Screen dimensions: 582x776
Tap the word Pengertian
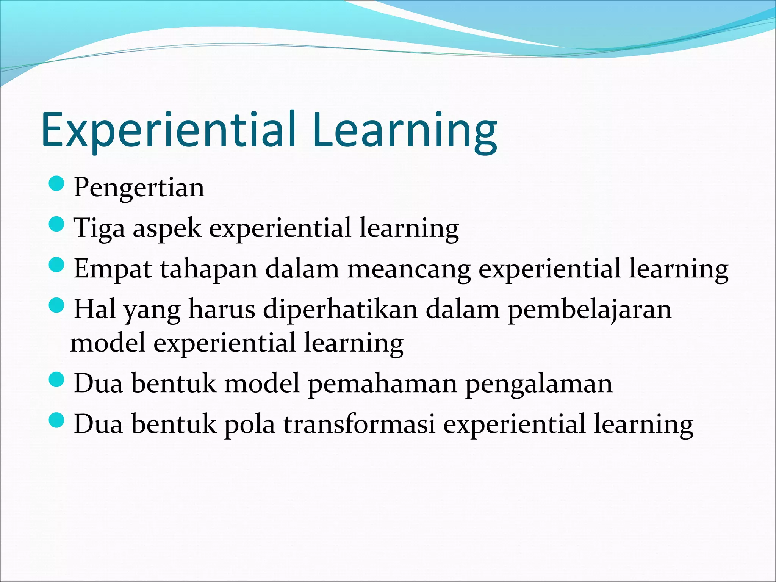(139, 187)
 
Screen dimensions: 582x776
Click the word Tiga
(99, 228)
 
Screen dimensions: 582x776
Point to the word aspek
(167, 228)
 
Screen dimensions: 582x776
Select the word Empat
(113, 269)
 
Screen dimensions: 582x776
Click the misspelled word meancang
(409, 269)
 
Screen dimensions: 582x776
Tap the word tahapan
(208, 269)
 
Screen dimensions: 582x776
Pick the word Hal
(95, 309)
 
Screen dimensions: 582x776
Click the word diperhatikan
(340, 309)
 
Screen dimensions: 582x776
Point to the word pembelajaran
(589, 309)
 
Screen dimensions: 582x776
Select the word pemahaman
(382, 383)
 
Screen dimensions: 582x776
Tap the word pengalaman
(538, 383)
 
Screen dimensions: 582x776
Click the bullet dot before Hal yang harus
(57, 305)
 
